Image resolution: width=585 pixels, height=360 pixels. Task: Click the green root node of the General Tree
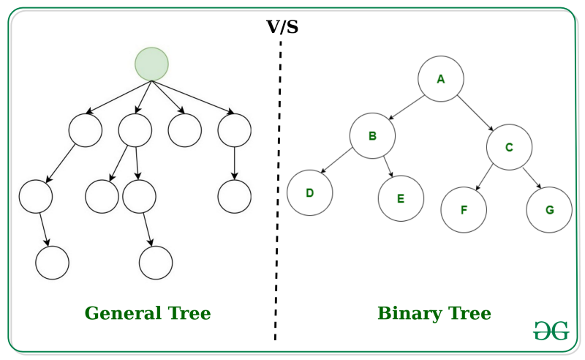[x=151, y=64]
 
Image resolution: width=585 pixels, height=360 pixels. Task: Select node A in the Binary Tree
[x=440, y=78]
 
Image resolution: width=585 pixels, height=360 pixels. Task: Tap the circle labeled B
[x=371, y=136]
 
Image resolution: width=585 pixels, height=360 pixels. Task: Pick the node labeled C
[x=509, y=146]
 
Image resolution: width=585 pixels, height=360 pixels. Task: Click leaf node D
[x=309, y=193]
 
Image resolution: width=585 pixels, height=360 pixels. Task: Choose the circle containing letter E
[x=401, y=198]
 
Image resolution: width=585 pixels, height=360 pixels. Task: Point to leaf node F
[x=463, y=210]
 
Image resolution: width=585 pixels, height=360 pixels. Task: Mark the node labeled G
[x=548, y=210]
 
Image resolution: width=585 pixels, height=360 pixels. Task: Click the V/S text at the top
[x=282, y=28]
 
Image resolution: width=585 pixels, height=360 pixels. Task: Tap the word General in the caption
[x=121, y=314]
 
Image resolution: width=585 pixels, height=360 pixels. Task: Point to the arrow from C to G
[x=532, y=179]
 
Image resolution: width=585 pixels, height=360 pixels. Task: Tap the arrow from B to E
[x=388, y=165]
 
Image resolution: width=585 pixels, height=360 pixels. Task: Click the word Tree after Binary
[x=466, y=314]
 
